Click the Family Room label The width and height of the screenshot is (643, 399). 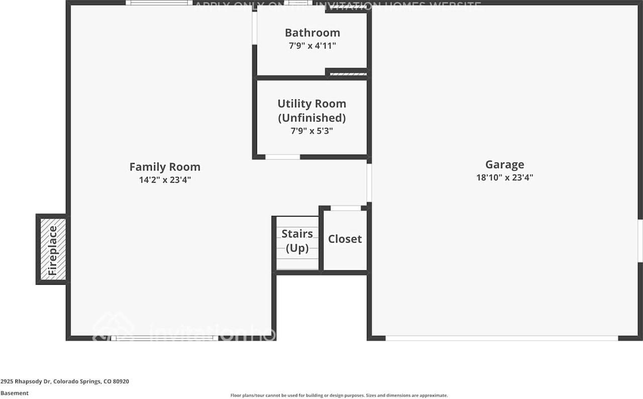[x=165, y=167]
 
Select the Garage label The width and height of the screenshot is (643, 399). [x=504, y=165]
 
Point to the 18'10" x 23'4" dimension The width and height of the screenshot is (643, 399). [x=504, y=177]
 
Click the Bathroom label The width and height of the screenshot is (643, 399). [x=312, y=33]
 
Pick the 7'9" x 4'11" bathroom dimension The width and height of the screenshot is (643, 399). [x=312, y=45]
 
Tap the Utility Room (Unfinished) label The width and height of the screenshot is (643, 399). [x=312, y=111]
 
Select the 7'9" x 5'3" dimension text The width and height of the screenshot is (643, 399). [x=312, y=131]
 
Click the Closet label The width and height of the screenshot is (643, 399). [x=345, y=239]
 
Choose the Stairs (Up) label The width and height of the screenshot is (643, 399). [x=297, y=241]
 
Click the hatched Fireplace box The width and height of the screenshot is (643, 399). [x=53, y=249]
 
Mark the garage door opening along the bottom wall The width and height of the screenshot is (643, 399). [x=501, y=338]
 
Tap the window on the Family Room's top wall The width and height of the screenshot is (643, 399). [x=159, y=3]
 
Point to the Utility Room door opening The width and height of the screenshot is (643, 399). [x=282, y=157]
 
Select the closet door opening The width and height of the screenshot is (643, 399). [x=346, y=208]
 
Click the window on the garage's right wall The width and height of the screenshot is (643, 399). [x=640, y=241]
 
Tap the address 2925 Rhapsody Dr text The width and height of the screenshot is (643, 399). [x=65, y=381]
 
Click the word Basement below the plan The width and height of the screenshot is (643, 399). [x=15, y=393]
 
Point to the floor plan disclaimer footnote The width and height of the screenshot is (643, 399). [x=339, y=395]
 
